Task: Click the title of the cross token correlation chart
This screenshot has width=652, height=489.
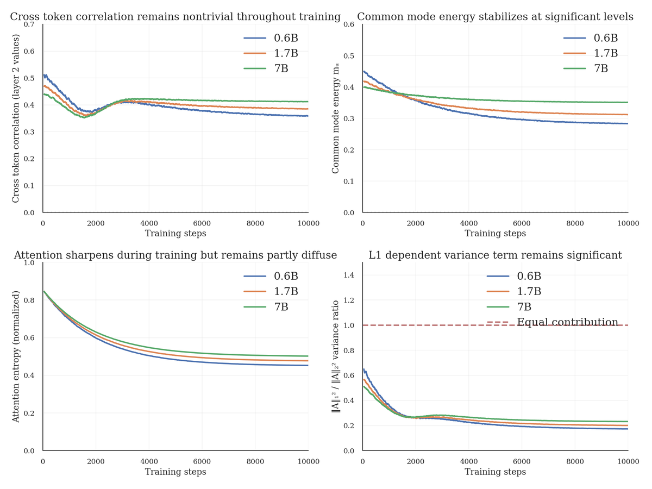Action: (175, 17)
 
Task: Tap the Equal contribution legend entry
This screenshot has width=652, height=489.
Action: (567, 322)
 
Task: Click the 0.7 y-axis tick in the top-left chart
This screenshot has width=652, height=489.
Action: (30, 25)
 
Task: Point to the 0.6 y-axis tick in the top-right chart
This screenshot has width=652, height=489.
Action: (349, 25)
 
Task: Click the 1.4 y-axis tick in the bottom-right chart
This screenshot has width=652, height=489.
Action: (349, 275)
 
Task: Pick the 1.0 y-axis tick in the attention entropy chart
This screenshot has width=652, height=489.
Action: (30, 263)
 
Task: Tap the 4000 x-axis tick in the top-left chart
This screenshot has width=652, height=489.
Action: (149, 223)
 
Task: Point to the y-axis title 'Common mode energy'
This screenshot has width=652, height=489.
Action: (336, 118)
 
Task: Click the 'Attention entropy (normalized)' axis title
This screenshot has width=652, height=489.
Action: (16, 356)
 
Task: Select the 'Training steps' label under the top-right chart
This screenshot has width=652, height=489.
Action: (495, 234)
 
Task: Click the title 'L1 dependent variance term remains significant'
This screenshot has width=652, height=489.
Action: (495, 255)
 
